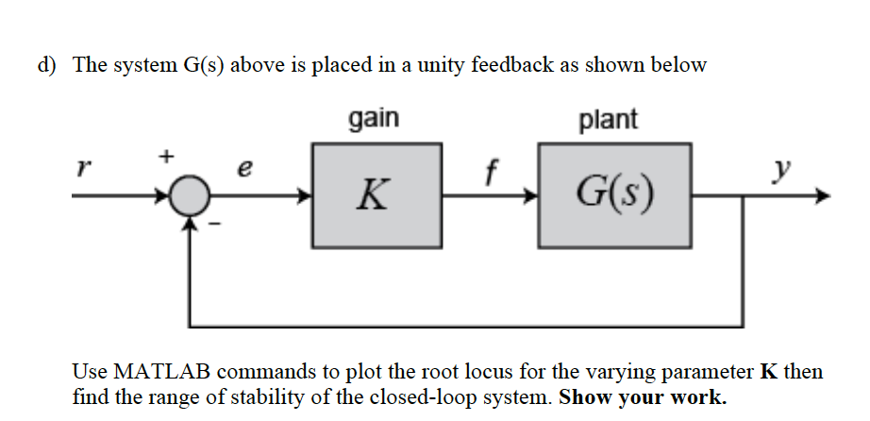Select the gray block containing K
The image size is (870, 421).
tap(376, 195)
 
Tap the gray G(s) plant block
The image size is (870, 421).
tap(615, 195)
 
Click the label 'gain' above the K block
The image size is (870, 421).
tap(375, 120)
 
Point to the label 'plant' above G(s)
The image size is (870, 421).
tap(608, 120)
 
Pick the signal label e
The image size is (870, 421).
tap(246, 169)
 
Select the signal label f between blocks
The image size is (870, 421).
tap(489, 169)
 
